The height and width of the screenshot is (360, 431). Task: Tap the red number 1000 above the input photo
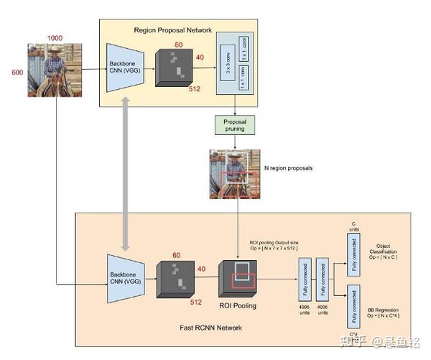55,37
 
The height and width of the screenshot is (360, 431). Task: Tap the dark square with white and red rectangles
238,279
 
